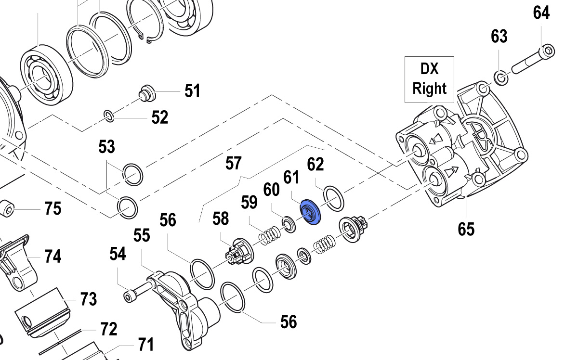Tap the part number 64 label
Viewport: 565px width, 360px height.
point(541,13)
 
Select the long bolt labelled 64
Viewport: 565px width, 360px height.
point(530,60)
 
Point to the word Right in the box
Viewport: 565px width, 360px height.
point(429,89)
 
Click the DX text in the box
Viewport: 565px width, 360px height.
point(429,69)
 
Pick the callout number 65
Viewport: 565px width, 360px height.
point(466,229)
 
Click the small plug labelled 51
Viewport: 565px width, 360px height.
point(147,92)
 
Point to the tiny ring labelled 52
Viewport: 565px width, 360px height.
point(109,115)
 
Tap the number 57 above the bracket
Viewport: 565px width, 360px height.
point(233,163)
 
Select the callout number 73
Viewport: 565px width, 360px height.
point(88,299)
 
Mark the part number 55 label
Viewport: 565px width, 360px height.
point(142,235)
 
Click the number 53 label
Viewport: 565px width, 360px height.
point(107,146)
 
